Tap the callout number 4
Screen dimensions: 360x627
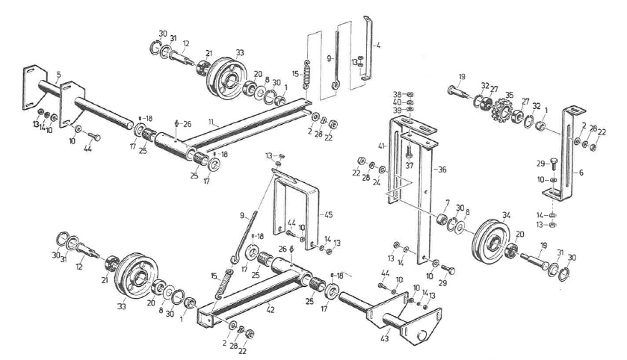[379, 46]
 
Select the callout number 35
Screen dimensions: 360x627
[510, 96]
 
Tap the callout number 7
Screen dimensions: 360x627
[447, 202]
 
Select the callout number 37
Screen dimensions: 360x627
[409, 164]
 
